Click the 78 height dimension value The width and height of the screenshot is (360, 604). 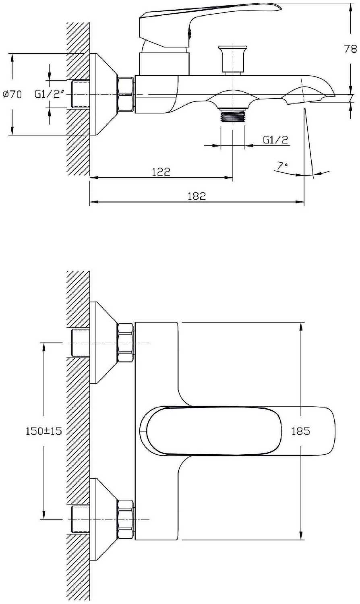(350, 49)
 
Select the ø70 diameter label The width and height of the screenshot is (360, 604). (12, 95)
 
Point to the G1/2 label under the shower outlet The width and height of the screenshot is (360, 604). (276, 140)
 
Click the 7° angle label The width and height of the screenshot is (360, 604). (283, 165)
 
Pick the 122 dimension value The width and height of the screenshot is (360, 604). (161, 172)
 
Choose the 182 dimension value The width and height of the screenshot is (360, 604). (197, 196)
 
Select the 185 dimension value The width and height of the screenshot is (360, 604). (300, 431)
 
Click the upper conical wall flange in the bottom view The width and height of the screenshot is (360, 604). (103, 343)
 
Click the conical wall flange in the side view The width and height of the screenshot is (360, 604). (103, 94)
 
